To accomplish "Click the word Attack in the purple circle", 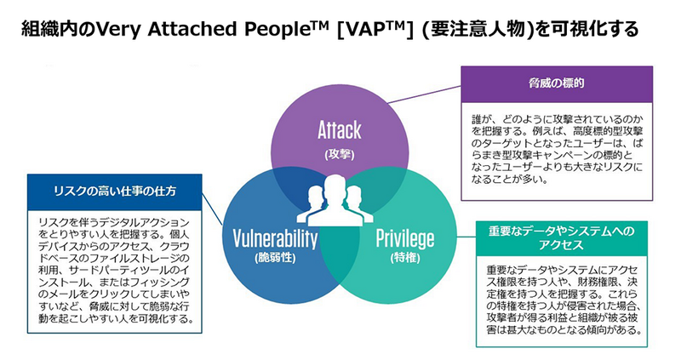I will (339, 129).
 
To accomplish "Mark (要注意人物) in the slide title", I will (475, 31).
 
